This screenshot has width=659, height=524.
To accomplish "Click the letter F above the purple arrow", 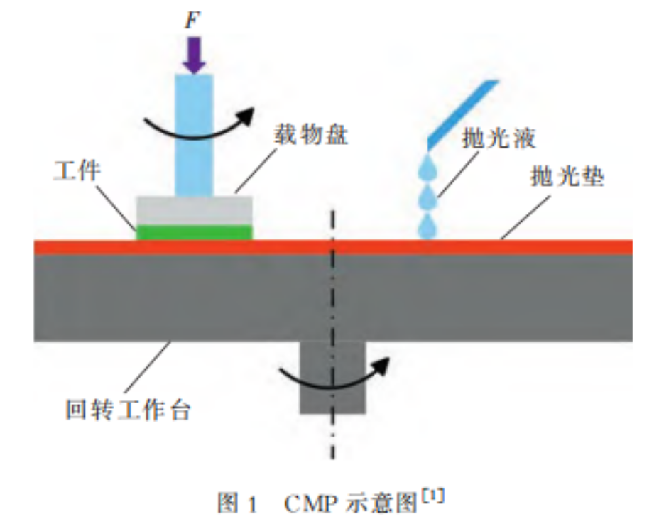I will click(x=192, y=20).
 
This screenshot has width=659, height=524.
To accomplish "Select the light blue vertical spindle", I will click(x=194, y=135).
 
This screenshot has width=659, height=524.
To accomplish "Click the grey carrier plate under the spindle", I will click(x=194, y=210).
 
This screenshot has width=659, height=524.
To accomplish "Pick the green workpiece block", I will click(x=194, y=232).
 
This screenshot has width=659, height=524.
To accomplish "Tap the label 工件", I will click(x=80, y=171).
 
